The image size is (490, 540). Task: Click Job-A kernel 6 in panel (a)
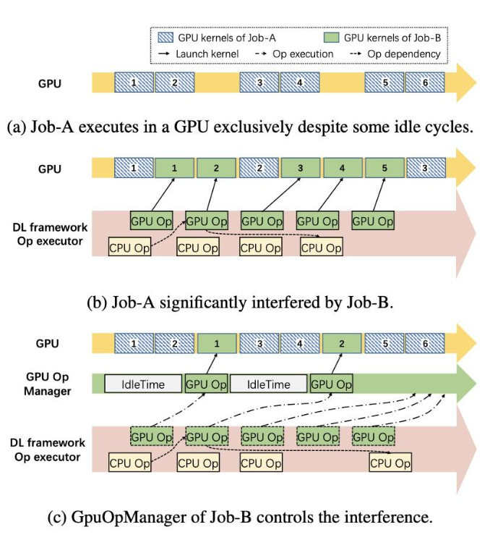(x=424, y=83)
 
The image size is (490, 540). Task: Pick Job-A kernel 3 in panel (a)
(x=259, y=83)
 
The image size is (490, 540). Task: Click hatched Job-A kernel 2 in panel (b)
(x=259, y=168)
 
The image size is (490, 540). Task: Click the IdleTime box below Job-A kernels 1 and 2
(x=145, y=384)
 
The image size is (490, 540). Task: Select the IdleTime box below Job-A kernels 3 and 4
(x=269, y=384)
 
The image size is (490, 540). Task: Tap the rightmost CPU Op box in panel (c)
(x=390, y=463)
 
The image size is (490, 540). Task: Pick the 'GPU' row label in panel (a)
(x=50, y=83)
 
